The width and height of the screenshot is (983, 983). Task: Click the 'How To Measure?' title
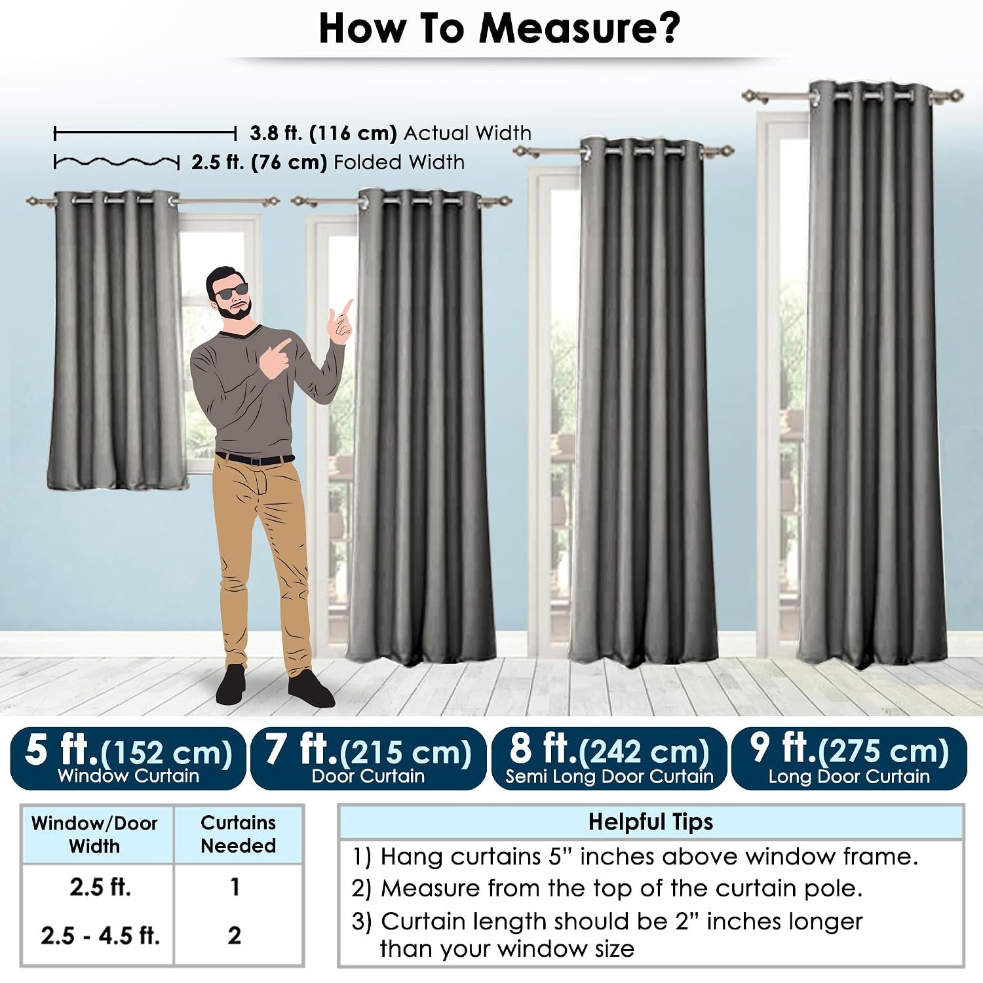[x=499, y=28]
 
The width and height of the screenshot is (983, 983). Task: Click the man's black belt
[x=255, y=459]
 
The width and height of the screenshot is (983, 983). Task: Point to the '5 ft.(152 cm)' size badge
[x=128, y=758]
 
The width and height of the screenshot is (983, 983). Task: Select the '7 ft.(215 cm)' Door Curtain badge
[x=368, y=758]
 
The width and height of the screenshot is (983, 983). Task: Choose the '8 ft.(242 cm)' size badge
[x=609, y=758]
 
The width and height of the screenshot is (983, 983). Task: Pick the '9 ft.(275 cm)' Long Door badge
[x=849, y=758]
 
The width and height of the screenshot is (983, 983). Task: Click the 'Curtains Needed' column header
[x=238, y=834]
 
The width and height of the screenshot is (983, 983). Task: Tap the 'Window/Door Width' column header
[x=94, y=834]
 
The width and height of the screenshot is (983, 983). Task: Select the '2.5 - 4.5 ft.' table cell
[x=100, y=935]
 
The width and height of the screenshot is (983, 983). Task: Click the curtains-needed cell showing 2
[x=235, y=935]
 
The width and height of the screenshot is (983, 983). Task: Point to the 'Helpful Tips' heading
[x=651, y=822]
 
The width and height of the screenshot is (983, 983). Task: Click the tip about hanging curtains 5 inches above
[x=635, y=857]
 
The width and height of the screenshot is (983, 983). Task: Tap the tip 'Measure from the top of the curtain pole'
[x=607, y=888]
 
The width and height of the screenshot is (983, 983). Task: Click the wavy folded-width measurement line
[x=117, y=161]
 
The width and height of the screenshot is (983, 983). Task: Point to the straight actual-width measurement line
[x=145, y=134]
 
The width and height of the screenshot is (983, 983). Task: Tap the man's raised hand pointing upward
[x=342, y=321]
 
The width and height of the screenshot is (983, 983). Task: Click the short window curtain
[x=117, y=341]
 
